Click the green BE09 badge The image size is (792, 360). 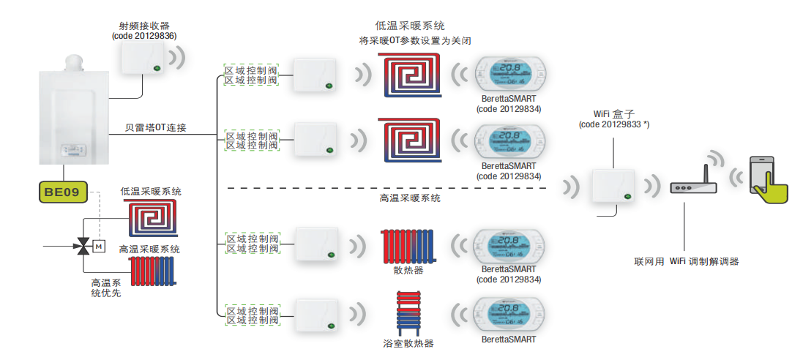point(62,192)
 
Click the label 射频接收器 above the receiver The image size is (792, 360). point(145,26)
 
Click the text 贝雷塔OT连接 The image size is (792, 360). point(155,128)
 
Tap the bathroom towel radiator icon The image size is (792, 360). point(409,312)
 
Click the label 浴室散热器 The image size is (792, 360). point(408,343)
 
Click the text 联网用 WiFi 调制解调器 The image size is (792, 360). point(687,261)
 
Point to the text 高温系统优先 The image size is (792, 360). point(106,288)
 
